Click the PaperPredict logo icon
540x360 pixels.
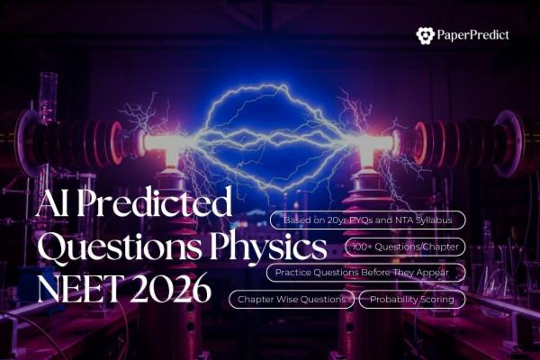[x=426, y=35]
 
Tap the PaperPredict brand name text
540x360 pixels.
[x=473, y=35]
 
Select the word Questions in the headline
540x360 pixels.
[x=119, y=247]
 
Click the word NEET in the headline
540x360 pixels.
[x=77, y=289]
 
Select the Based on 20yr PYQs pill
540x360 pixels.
[x=368, y=220]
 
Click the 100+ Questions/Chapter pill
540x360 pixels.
[x=405, y=247]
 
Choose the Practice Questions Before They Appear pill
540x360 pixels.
[x=366, y=273]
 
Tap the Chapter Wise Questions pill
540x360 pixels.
[x=292, y=299]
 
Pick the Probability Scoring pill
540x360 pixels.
[x=412, y=299]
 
